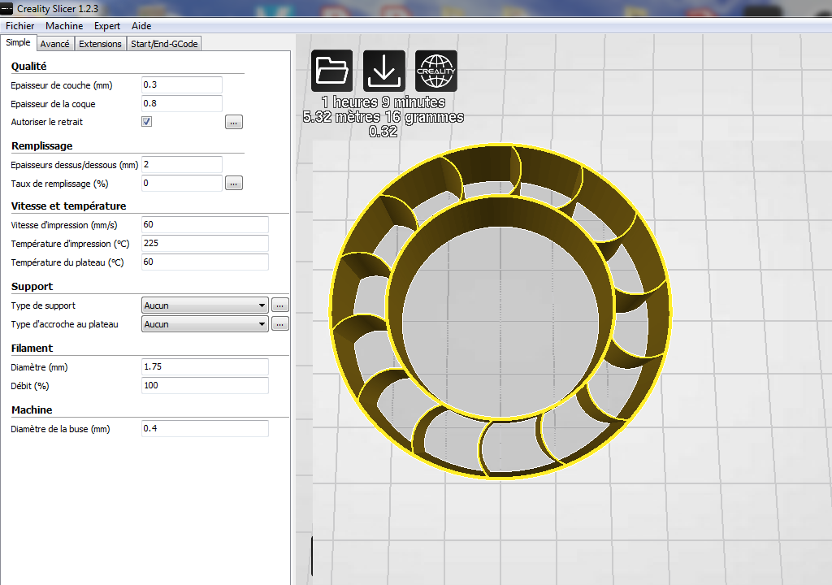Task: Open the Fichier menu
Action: pyautogui.click(x=19, y=26)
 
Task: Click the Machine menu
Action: pyautogui.click(x=64, y=26)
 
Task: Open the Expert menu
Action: pyautogui.click(x=107, y=26)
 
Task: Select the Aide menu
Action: pyautogui.click(x=141, y=26)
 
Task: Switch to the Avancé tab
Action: pyautogui.click(x=54, y=44)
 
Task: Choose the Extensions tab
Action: pyautogui.click(x=100, y=44)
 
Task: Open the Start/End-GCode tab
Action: pyautogui.click(x=164, y=44)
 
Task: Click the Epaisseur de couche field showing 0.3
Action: pyautogui.click(x=181, y=84)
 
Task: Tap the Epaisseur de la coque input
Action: pyautogui.click(x=181, y=103)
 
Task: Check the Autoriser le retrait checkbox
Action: pyautogui.click(x=147, y=122)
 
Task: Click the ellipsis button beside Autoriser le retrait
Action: pyautogui.click(x=234, y=122)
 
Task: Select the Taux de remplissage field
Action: pyautogui.click(x=181, y=183)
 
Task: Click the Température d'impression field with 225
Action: pyautogui.click(x=204, y=243)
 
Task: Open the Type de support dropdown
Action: pyautogui.click(x=205, y=305)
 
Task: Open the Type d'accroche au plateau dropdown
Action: pyautogui.click(x=205, y=324)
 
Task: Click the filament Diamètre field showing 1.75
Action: pyautogui.click(x=204, y=366)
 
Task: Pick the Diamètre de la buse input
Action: pyautogui.click(x=204, y=428)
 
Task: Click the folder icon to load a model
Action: pyautogui.click(x=331, y=71)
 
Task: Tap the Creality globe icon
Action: pyautogui.click(x=436, y=71)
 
